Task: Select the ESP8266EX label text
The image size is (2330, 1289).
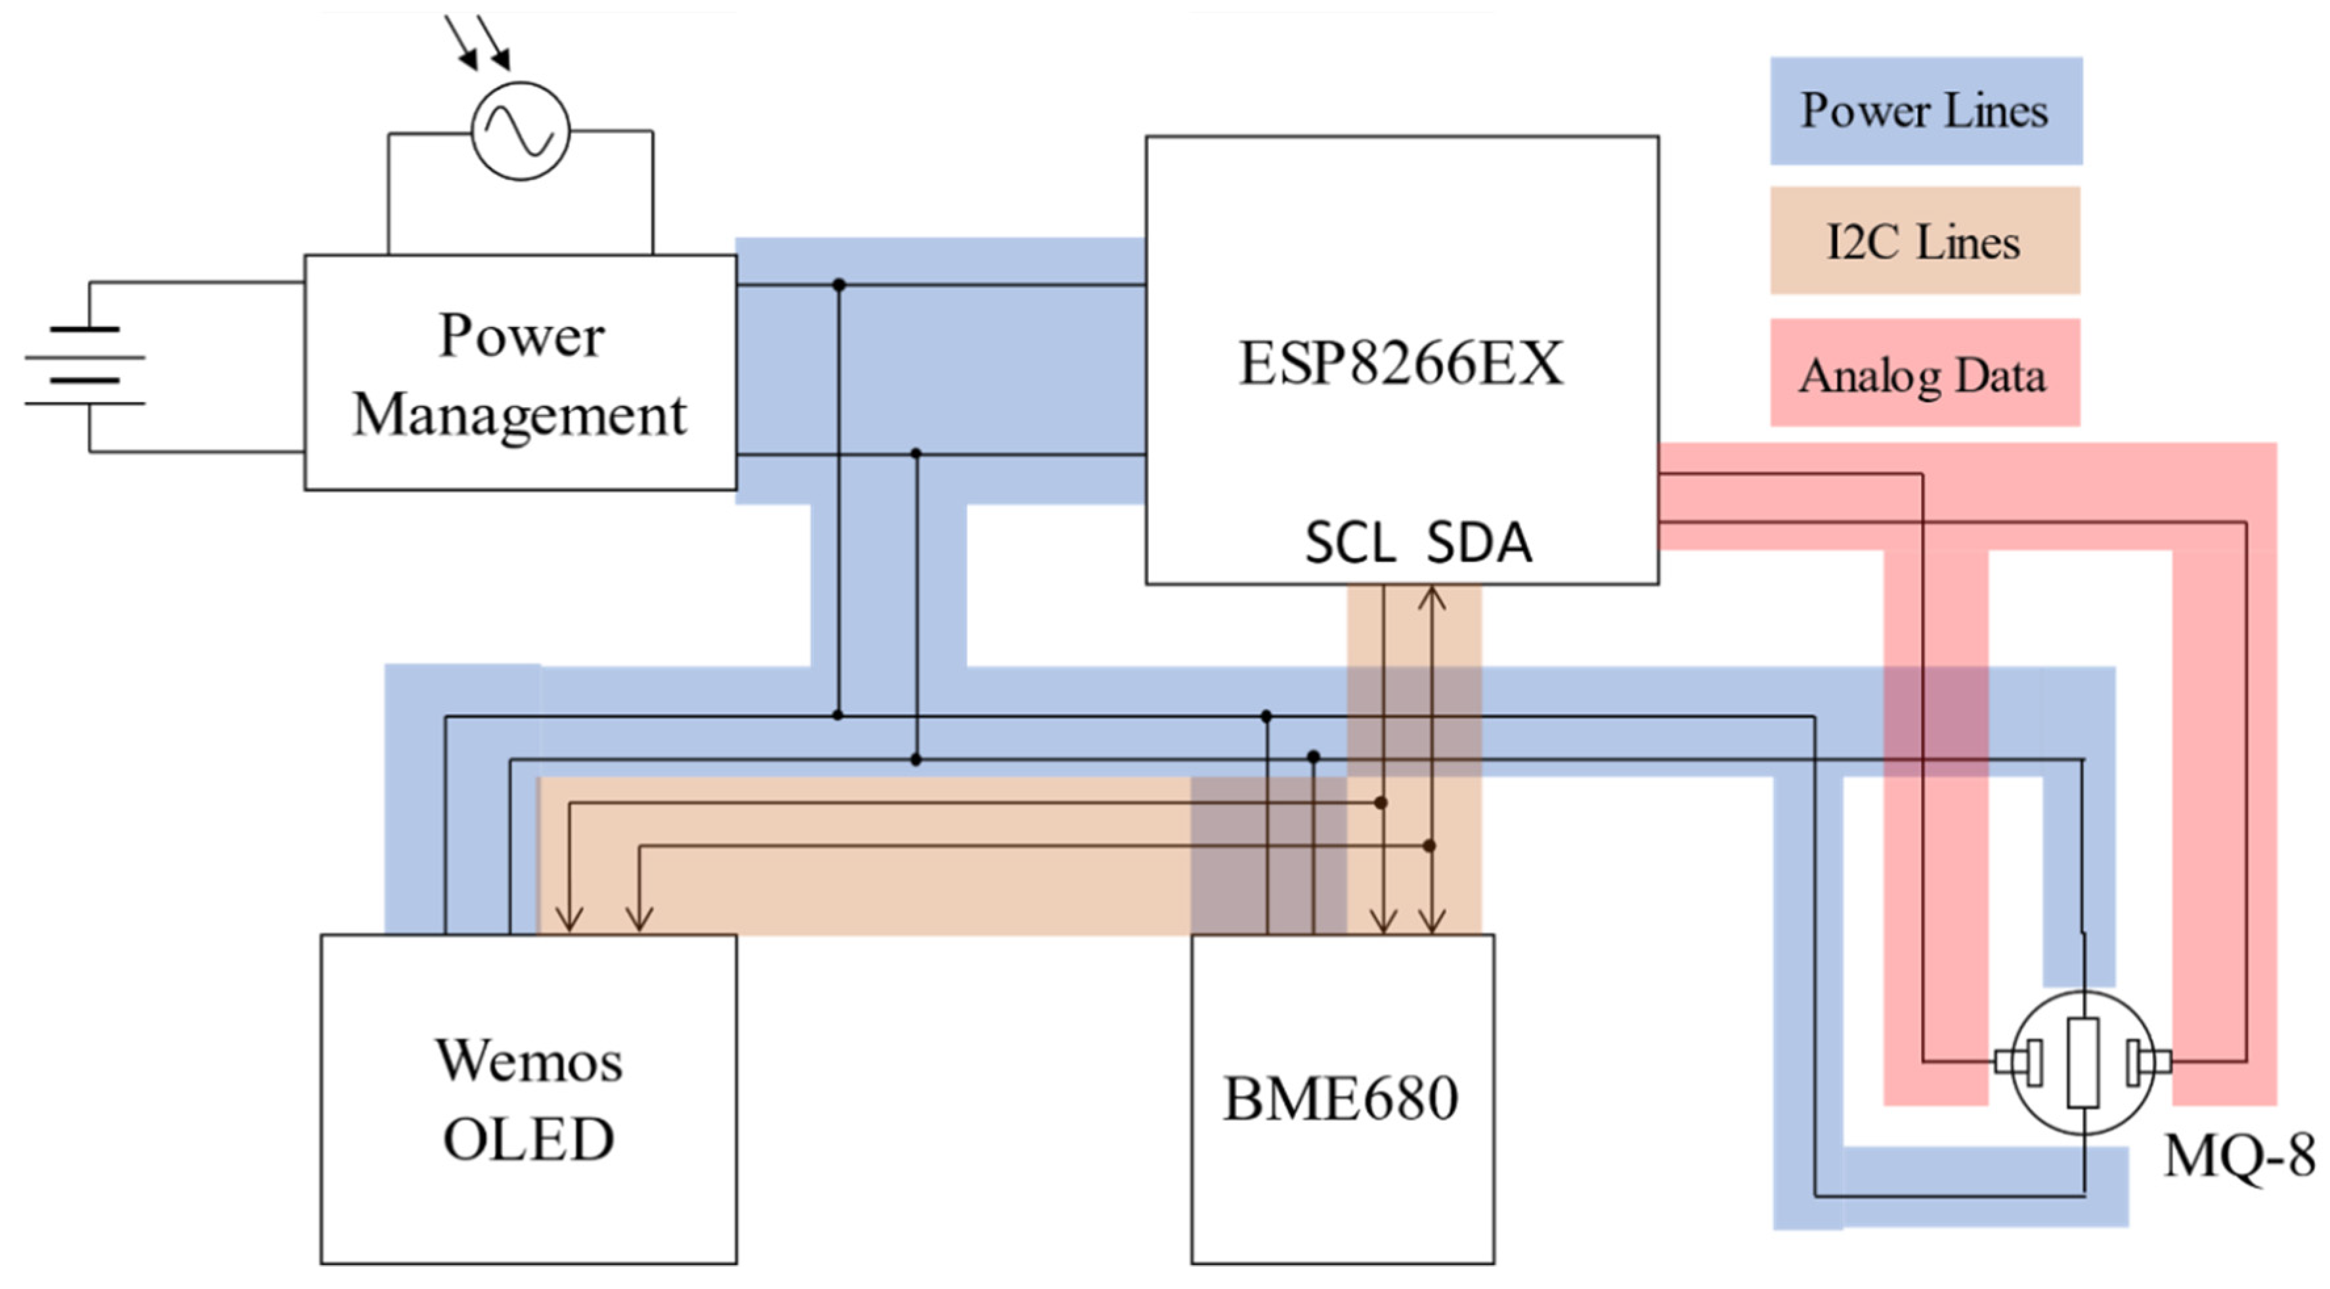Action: (1400, 364)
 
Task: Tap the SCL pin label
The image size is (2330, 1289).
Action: (1350, 544)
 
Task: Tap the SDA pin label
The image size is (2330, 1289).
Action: (1479, 544)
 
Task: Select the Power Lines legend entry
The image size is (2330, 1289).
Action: (1926, 111)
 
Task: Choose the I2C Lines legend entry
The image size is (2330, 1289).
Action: (1924, 242)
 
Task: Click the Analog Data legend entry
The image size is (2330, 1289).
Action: (1924, 374)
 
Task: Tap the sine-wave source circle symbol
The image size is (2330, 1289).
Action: (521, 131)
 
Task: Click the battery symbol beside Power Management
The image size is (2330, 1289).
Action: (86, 366)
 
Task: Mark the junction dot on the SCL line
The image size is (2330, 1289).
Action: (1380, 802)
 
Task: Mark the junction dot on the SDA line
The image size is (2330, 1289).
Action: (1429, 846)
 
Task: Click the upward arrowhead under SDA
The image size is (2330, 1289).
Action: (1431, 598)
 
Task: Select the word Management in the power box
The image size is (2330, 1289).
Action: (520, 416)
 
